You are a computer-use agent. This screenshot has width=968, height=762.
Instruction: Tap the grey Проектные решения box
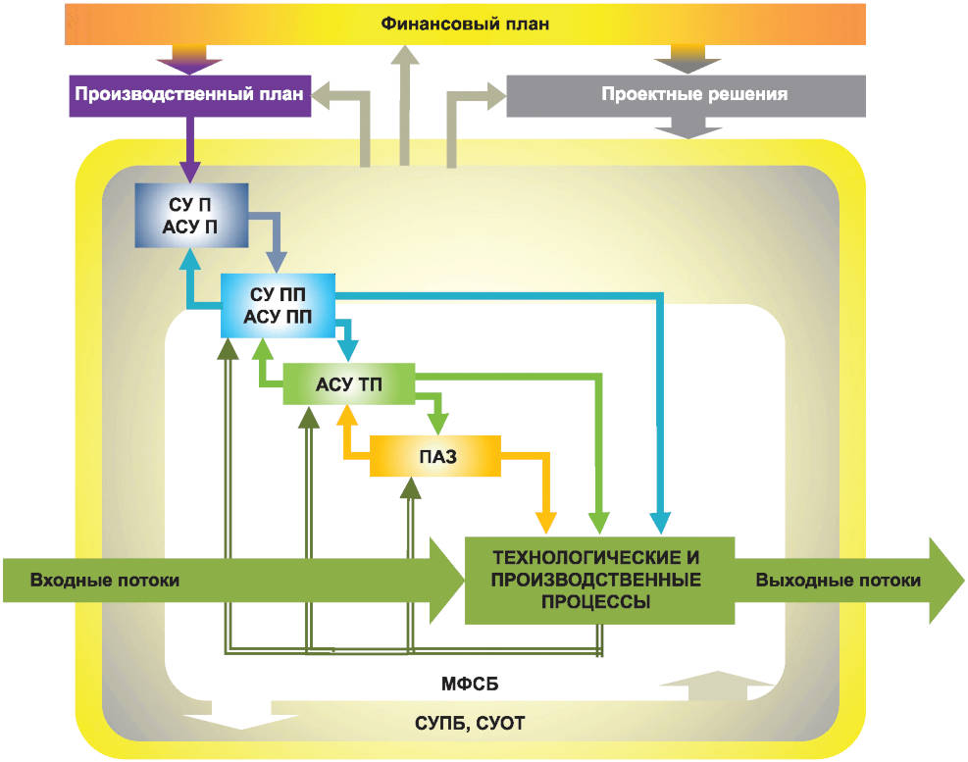pyautogui.click(x=686, y=95)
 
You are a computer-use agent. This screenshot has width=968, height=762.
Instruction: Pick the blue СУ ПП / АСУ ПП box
pyautogui.click(x=278, y=304)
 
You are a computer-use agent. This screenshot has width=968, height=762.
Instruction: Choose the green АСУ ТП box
pyautogui.click(x=348, y=383)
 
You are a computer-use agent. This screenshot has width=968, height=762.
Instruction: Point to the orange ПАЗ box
pyautogui.click(x=434, y=456)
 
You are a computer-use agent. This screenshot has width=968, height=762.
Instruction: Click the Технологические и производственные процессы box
pyautogui.click(x=598, y=580)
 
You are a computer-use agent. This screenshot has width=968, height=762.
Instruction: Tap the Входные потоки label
pyautogui.click(x=105, y=580)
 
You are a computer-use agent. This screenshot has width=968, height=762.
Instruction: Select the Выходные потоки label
pyautogui.click(x=838, y=580)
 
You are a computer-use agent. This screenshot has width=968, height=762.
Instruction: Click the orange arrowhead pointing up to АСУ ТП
pyautogui.click(x=345, y=416)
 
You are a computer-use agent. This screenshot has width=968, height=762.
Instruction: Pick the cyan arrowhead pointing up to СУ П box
pyautogui.click(x=190, y=258)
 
